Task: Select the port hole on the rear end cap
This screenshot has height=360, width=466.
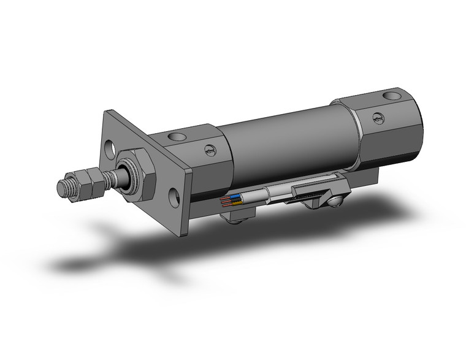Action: point(391,96)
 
